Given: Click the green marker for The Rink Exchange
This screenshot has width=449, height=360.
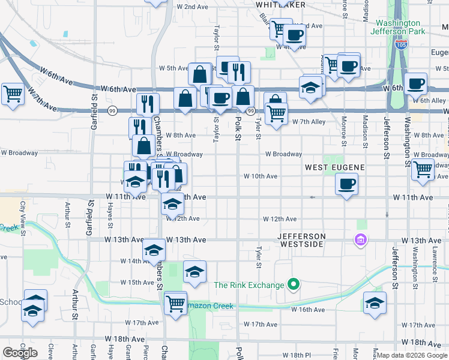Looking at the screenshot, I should pos(294,284).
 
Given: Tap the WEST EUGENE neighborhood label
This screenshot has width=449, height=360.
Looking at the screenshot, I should pos(331,167).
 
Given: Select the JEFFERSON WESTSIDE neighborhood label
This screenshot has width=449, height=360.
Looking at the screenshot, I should pos(301,241).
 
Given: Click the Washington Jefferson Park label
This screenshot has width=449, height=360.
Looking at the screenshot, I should pos(397,26).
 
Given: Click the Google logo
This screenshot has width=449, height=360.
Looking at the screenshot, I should pos(20,353).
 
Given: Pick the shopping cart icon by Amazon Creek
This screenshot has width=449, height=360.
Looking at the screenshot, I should pos(175,303).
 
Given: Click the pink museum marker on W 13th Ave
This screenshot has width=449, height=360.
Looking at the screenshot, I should pos(361,240).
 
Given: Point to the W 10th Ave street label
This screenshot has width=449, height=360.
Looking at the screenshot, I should pos(260,176).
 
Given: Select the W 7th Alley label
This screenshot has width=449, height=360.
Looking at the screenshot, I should pos(309,122).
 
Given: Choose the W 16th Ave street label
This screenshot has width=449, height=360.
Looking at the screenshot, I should pos(308,310).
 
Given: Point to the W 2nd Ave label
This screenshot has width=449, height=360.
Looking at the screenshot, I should pos(192,7).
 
